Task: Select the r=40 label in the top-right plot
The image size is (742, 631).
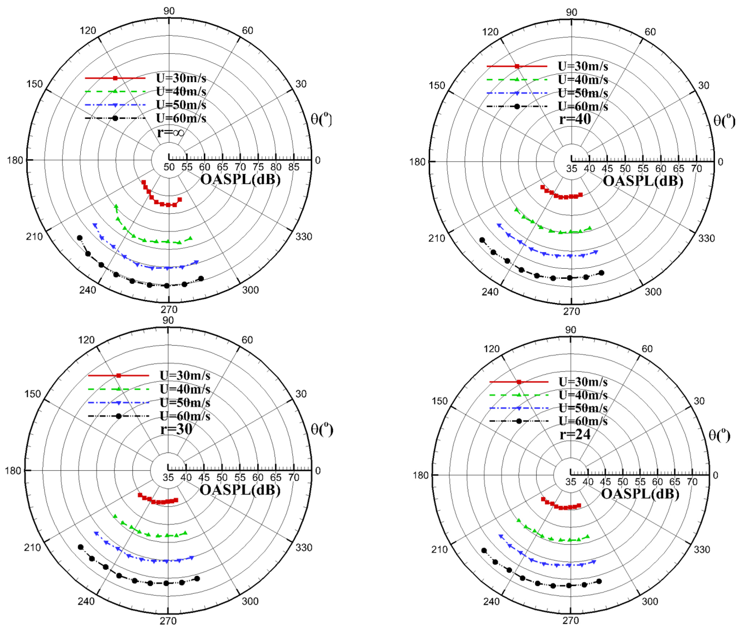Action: (x=575, y=119)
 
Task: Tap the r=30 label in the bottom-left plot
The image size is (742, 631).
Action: (x=176, y=429)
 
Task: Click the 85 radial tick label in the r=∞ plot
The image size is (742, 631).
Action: (x=294, y=167)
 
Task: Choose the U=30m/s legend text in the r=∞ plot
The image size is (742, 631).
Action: (x=181, y=78)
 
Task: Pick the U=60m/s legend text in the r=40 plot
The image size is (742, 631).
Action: (x=583, y=106)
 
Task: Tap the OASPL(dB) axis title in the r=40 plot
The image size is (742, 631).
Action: (x=643, y=181)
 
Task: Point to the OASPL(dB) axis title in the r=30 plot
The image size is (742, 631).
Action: (x=240, y=490)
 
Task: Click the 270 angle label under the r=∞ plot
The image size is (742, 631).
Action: (x=169, y=309)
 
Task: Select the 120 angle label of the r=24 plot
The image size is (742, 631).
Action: (x=491, y=349)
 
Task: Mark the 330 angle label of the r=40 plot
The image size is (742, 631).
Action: (x=706, y=238)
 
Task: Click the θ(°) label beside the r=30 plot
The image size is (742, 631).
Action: (x=322, y=429)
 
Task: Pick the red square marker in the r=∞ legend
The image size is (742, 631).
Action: (x=115, y=78)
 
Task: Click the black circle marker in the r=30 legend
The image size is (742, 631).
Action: (x=119, y=416)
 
